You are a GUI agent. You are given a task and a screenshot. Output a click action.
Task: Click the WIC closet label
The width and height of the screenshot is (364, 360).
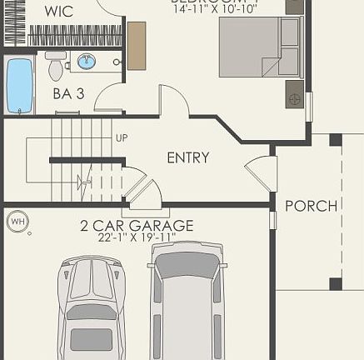point(59,11)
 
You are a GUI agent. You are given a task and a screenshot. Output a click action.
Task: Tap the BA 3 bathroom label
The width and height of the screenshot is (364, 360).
point(68,94)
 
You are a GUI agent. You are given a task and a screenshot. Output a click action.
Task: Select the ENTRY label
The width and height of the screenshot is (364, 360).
point(188,157)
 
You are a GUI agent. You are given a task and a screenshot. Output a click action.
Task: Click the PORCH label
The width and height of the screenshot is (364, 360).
point(311,205)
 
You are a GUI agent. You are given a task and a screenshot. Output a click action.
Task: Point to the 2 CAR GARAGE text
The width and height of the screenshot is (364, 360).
point(137,225)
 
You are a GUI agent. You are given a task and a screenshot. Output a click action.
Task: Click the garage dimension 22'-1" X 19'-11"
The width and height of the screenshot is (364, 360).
point(137,237)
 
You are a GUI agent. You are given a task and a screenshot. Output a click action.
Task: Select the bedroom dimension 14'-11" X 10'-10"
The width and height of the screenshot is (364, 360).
point(216,10)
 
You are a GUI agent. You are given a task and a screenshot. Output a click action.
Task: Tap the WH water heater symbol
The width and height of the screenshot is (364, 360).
point(17,222)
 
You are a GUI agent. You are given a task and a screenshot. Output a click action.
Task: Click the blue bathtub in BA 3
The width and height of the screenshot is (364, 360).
point(18,85)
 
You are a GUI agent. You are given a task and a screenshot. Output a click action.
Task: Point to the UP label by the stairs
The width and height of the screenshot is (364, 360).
point(122,137)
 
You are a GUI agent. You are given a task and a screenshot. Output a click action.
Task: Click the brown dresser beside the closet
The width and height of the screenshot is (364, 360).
point(136,45)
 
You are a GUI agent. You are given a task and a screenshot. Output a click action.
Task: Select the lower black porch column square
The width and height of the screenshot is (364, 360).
point(335,283)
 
